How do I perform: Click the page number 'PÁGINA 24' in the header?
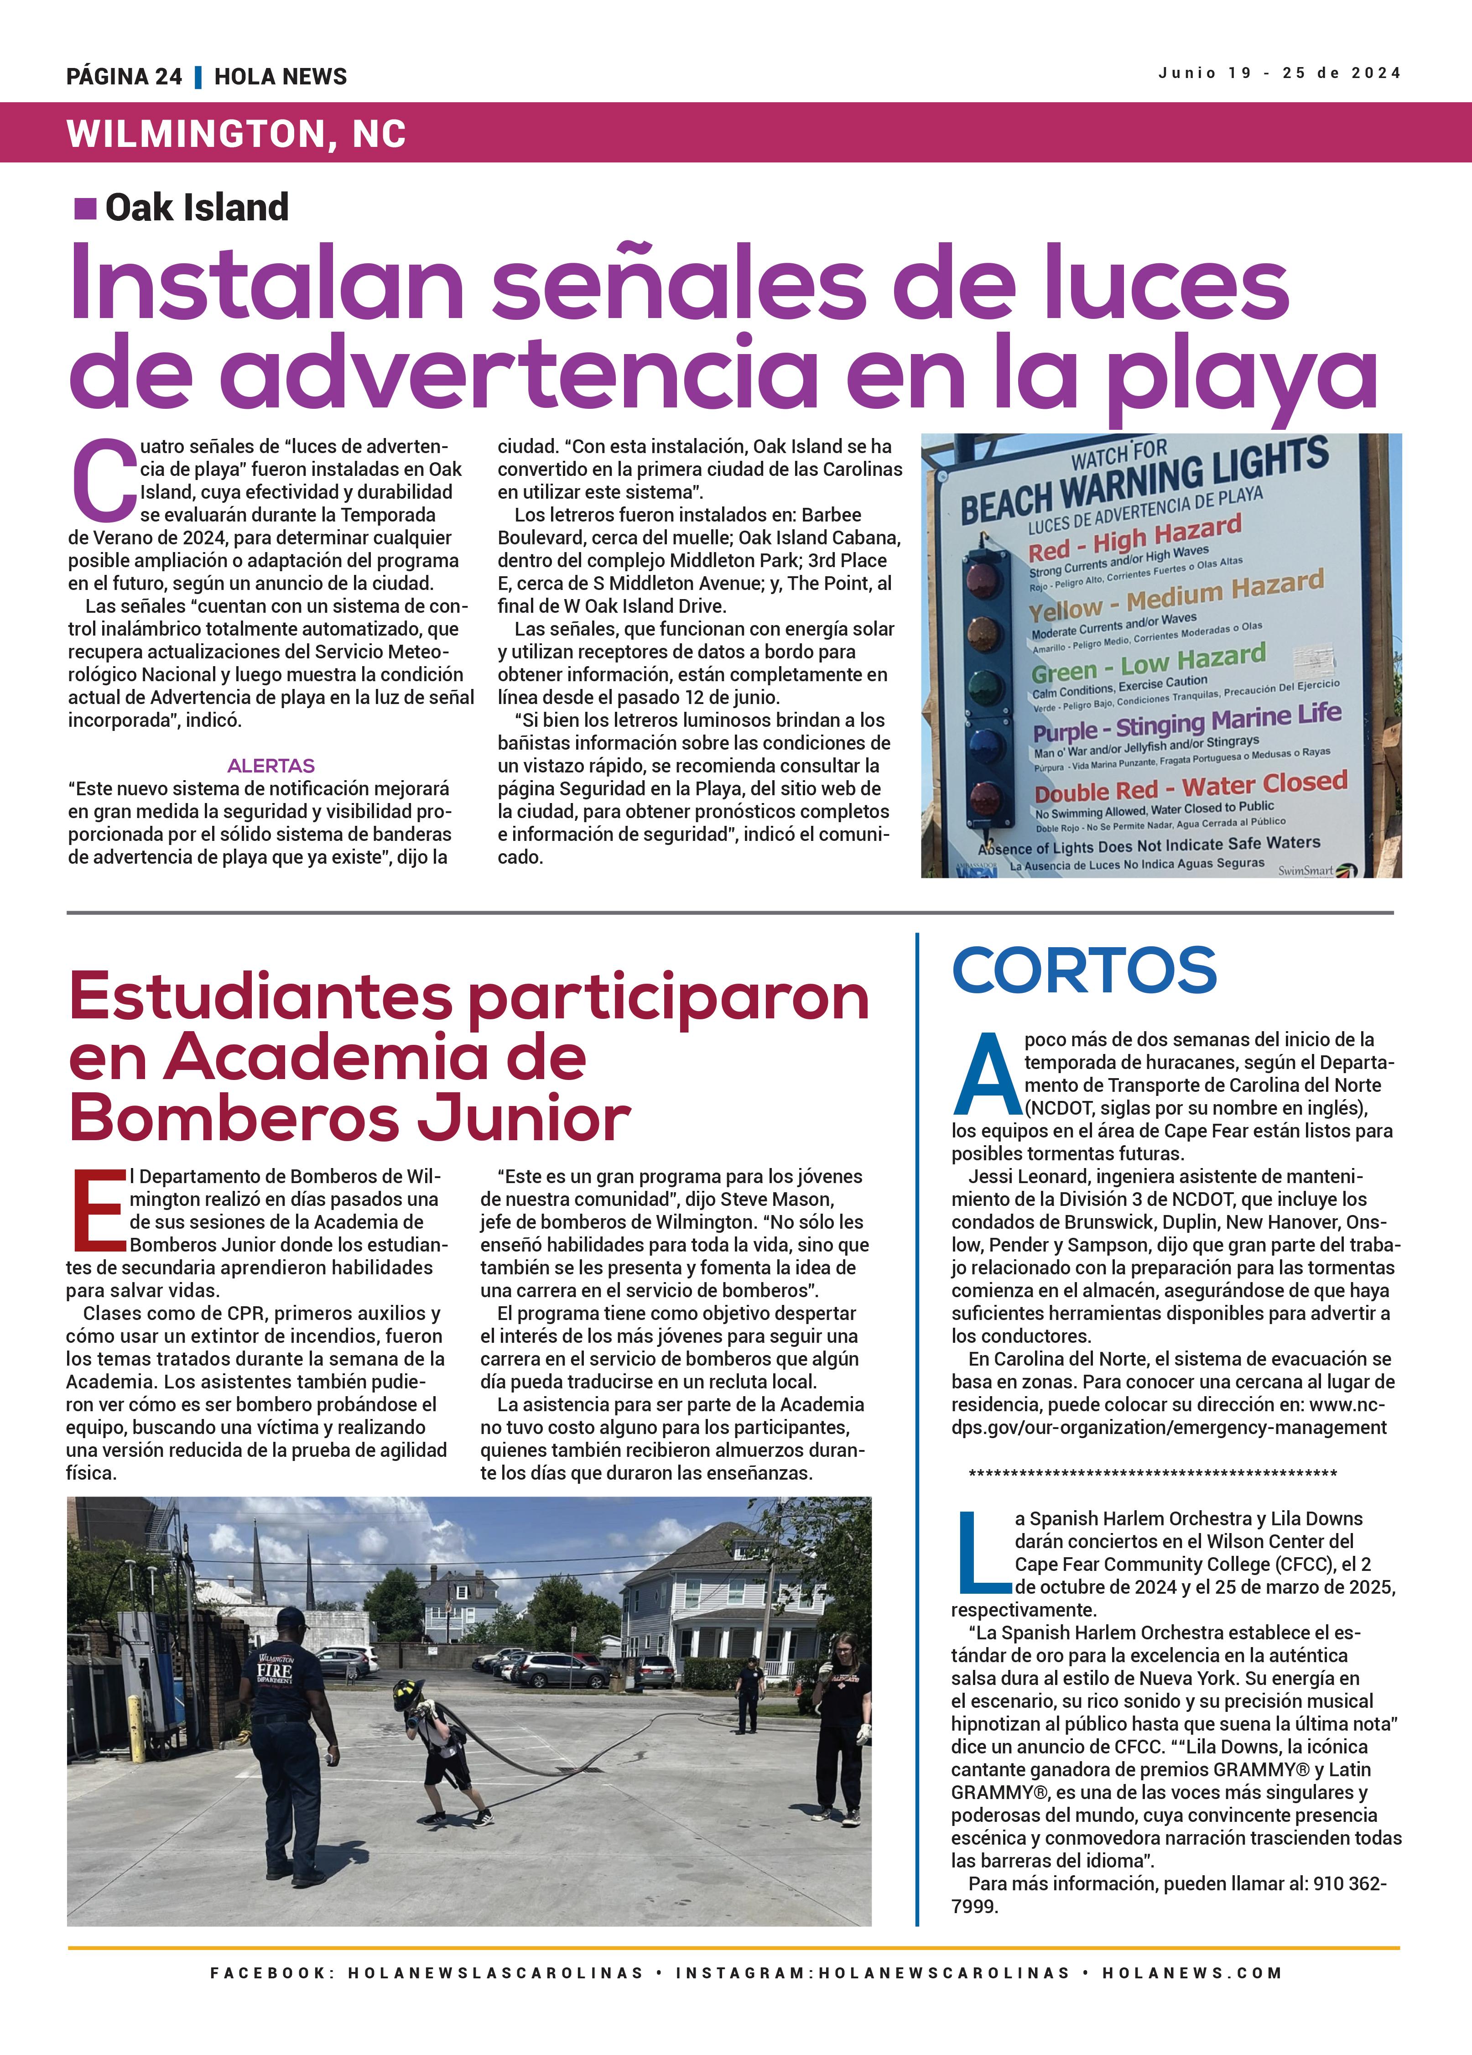[x=124, y=77]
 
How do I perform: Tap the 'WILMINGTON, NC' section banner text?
[x=235, y=134]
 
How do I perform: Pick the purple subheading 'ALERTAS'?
[x=271, y=766]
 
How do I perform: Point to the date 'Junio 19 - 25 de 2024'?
[x=1278, y=73]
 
